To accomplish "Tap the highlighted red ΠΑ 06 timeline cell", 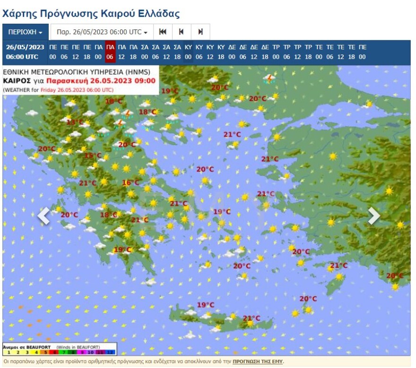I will pos(110,52).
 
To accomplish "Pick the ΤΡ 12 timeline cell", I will pos(297,52).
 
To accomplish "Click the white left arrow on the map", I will pos(43,216).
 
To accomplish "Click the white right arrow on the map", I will pos(374,216).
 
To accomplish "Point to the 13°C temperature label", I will pos(75,122).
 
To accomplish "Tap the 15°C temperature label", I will pos(93,155).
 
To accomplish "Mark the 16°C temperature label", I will pos(130,183).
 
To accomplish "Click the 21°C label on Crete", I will pos(251,318).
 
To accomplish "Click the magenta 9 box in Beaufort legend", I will pos(83,353).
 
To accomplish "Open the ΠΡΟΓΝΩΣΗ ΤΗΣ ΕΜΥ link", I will pos(258,362).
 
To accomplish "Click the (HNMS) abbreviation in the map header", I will pos(137,72).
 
